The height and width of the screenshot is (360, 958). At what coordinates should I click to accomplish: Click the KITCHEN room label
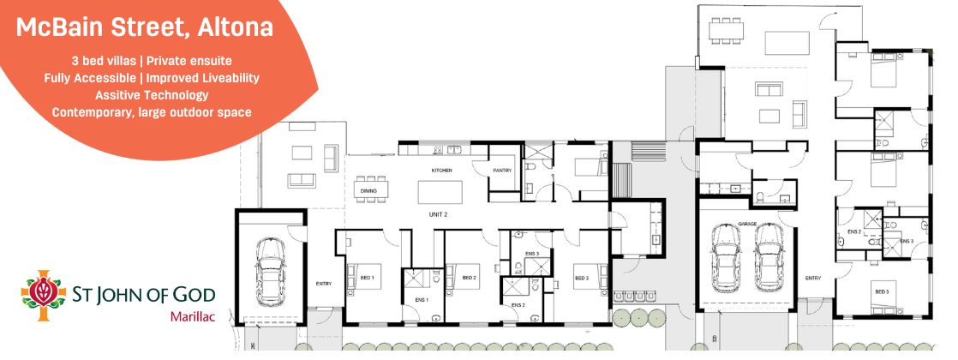pyautogui.click(x=441, y=171)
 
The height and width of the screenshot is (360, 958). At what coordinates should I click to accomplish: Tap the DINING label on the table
pyautogui.click(x=368, y=191)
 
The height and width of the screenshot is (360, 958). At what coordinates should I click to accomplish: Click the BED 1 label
pyautogui.click(x=355, y=278)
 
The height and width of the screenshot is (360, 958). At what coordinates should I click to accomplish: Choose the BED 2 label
pyautogui.click(x=469, y=278)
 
